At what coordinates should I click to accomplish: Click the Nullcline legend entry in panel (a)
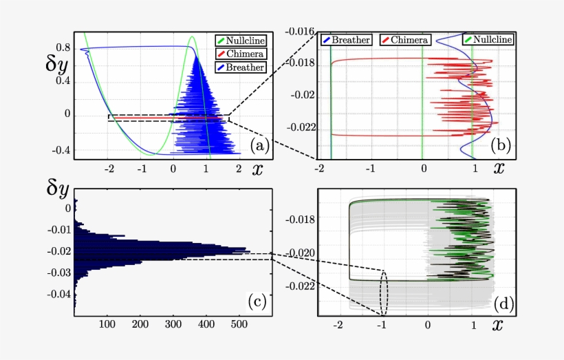[x=241, y=41]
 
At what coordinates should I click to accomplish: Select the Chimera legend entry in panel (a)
[x=241, y=54]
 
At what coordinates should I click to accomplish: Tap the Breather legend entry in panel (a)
[x=241, y=67]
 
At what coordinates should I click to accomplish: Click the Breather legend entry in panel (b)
[x=347, y=40]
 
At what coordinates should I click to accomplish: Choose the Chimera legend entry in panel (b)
[x=406, y=40]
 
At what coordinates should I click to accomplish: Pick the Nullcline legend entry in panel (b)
[x=488, y=40]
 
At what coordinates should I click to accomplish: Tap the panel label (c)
[x=257, y=300]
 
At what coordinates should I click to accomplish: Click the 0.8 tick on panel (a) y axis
[x=63, y=47]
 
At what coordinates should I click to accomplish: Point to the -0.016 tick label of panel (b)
[x=301, y=32]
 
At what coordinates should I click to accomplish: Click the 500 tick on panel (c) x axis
[x=237, y=323]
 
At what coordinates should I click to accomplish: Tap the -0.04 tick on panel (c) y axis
[x=61, y=294]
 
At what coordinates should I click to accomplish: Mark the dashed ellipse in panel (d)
[x=384, y=293]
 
